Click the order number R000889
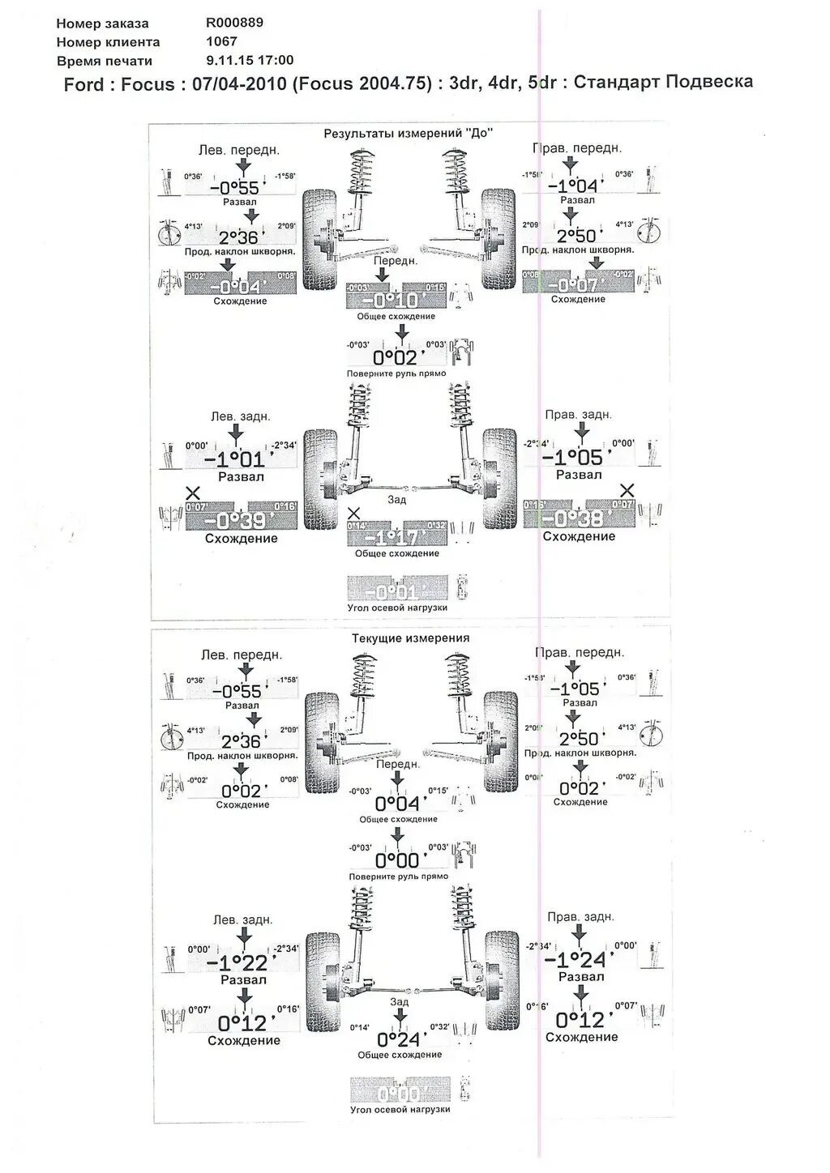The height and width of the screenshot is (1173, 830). [x=235, y=23]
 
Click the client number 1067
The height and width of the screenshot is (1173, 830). [x=221, y=41]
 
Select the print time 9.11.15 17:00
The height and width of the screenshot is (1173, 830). [x=250, y=60]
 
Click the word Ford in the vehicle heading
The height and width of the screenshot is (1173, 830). [x=84, y=84]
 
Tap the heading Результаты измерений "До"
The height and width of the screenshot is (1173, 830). [x=408, y=133]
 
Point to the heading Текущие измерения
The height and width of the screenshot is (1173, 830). [x=410, y=638]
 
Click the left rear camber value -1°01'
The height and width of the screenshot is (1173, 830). [x=235, y=460]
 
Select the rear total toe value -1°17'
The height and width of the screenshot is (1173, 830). [x=391, y=538]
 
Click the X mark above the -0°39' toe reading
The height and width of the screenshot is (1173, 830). [x=193, y=493]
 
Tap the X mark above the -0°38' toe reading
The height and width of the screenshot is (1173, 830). [x=627, y=490]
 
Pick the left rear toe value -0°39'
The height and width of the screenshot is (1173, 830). [x=240, y=520]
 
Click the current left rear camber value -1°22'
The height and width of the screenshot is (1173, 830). [x=237, y=962]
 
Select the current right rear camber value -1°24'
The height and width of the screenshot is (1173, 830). [x=575, y=960]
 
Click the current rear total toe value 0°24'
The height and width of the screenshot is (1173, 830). [x=399, y=1039]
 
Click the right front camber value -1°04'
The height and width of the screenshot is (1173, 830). [x=573, y=186]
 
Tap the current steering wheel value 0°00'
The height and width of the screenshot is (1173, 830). [x=397, y=860]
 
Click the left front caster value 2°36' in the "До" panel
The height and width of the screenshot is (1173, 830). [x=239, y=237]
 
